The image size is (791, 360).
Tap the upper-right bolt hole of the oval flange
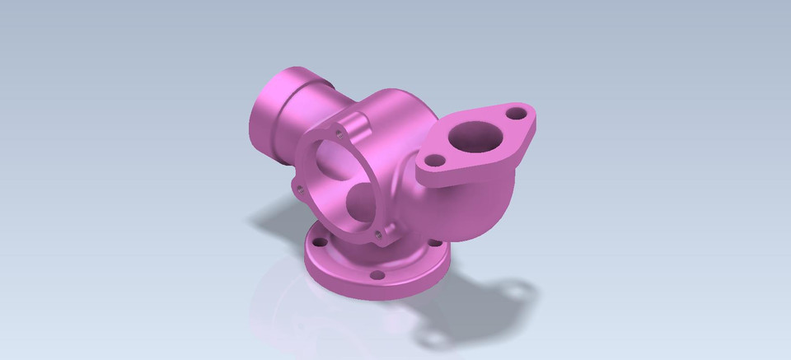click(517, 111)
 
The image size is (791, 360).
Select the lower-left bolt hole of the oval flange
click(437, 160)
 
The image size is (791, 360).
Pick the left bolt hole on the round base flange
click(316, 242)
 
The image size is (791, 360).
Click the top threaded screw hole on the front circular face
click(339, 130)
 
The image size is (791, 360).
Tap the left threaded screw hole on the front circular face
click(300, 188)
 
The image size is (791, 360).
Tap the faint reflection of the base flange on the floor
click(330, 317)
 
